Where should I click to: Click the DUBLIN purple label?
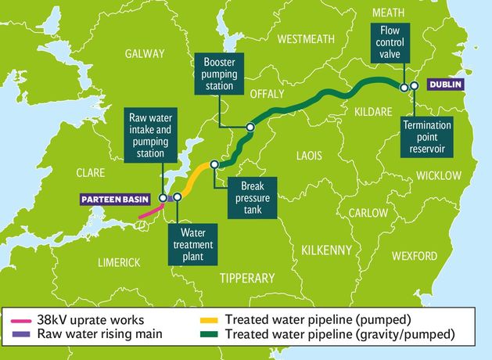pos(447,84)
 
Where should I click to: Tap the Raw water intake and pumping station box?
pos(153,135)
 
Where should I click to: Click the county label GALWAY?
pos(144,54)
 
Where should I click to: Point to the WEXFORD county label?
pos(414,256)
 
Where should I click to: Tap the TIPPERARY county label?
pos(247,278)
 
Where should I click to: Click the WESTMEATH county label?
pos(306,38)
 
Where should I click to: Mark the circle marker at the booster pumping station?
pos(250,126)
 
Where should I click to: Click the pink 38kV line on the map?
pos(149,209)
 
